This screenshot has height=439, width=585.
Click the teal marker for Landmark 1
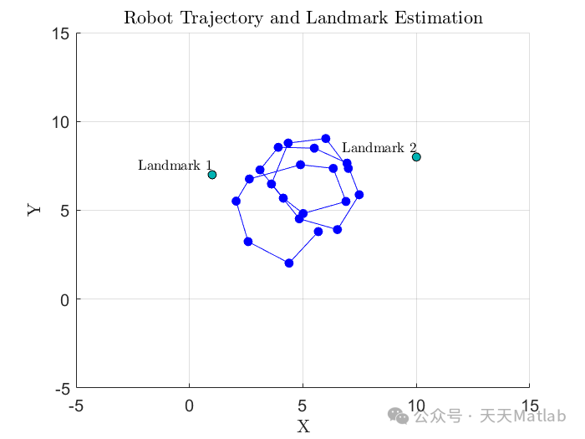pos(212,174)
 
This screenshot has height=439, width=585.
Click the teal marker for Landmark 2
pos(416,157)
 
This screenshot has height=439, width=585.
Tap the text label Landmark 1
pos(175,165)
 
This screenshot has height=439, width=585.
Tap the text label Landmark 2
pos(379,147)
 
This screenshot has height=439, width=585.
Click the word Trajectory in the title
pos(221,18)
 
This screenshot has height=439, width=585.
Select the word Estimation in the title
pos(439,18)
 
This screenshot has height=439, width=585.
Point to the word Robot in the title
pos(149,18)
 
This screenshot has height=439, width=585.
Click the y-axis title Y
pos(34,209)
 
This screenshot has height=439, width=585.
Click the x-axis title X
pos(303,426)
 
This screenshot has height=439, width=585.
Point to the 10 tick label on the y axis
pos(60,122)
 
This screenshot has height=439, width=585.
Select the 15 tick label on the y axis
pos(60,33)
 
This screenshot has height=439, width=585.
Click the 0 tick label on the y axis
pos(65,299)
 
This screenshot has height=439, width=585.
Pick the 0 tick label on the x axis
pos(189,406)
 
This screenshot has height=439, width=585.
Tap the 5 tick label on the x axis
pos(303,406)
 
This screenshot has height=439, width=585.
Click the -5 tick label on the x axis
pos(76,406)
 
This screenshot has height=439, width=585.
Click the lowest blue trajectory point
pos(289,263)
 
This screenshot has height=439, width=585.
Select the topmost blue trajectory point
pos(326,139)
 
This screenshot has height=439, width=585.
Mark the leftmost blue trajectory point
pos(236,202)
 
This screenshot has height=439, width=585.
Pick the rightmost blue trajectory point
pos(359,195)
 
